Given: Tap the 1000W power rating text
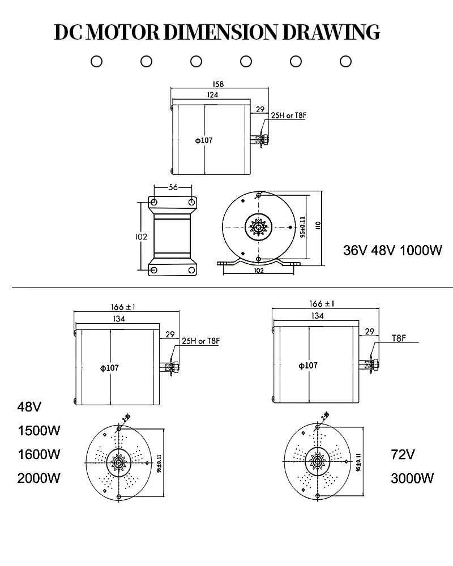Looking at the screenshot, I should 421,250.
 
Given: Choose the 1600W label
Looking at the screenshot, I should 39,454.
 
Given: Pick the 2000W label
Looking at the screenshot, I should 39,478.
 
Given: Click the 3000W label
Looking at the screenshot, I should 412,478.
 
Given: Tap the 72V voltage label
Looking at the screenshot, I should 403,454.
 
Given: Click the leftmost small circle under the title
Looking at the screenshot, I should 96,61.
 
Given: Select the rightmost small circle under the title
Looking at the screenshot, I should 345,61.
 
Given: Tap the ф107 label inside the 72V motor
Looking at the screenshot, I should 308,365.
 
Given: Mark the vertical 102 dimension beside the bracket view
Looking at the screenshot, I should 142,237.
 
